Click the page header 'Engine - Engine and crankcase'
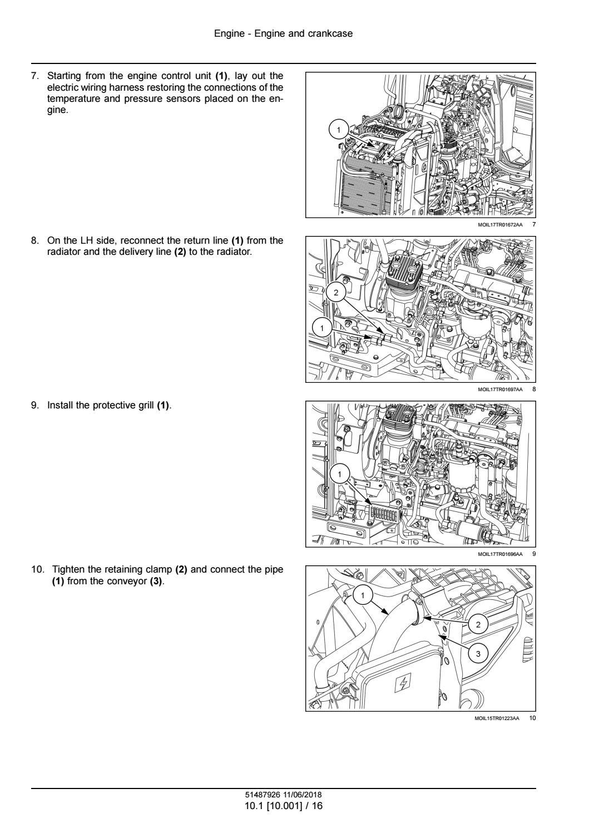[x=283, y=34]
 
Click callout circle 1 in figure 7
[x=338, y=130]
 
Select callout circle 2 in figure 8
[x=336, y=293]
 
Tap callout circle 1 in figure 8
[x=322, y=328]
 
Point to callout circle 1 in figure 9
[x=339, y=474]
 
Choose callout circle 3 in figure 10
[x=478, y=653]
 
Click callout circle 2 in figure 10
[x=478, y=624]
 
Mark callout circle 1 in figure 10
[x=363, y=595]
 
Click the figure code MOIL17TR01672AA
[x=500, y=225]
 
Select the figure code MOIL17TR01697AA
[x=500, y=390]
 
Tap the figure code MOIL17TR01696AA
[x=500, y=554]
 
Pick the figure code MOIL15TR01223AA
[x=497, y=718]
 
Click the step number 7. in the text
[x=35, y=76]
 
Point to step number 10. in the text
[x=38, y=569]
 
